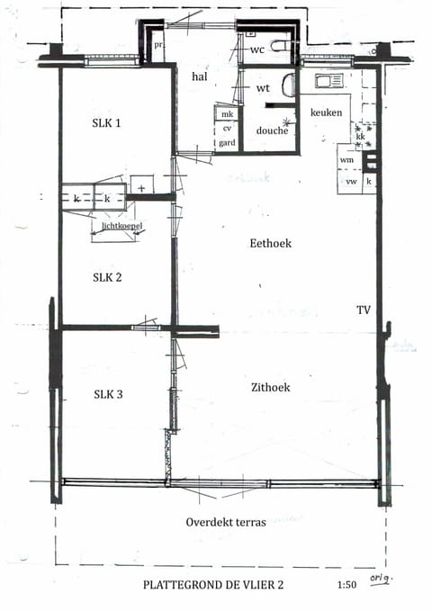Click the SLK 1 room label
click(106, 123)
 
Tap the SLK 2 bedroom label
click(107, 276)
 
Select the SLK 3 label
click(107, 394)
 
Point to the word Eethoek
click(271, 243)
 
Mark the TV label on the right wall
click(363, 310)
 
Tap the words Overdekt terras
click(225, 522)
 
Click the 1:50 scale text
click(346, 585)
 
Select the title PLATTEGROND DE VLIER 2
click(212, 585)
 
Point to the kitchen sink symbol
click(325, 81)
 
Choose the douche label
click(272, 130)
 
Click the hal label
click(200, 77)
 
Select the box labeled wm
click(346, 159)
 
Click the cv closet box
click(226, 129)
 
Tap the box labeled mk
click(227, 114)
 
